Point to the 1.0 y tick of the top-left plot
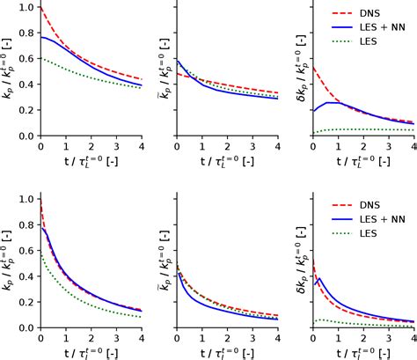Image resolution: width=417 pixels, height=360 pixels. [26, 8]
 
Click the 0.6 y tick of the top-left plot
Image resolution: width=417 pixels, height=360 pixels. [26, 58]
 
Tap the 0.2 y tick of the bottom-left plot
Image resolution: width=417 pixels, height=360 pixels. [26, 301]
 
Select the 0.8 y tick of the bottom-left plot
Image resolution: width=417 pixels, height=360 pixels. [26, 225]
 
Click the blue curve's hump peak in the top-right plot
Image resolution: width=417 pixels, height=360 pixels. [333, 103]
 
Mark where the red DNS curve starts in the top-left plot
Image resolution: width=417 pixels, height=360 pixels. [40, 8]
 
